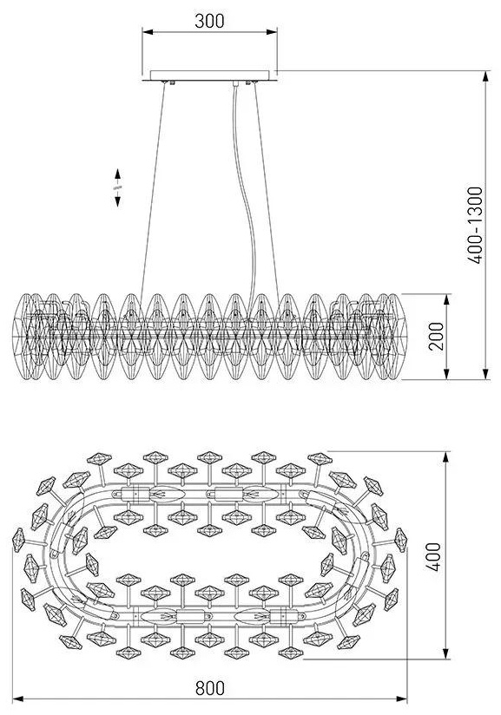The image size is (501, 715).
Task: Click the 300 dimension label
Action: click(209, 21)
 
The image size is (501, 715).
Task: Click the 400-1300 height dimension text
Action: click(475, 226)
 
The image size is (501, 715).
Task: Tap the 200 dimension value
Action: click(436, 336)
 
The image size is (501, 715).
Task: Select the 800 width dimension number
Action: click(210, 688)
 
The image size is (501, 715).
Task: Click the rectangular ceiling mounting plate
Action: click(209, 75)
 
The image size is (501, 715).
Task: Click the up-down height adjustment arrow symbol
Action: click(118, 188)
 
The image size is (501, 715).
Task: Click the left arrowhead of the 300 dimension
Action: click(148, 32)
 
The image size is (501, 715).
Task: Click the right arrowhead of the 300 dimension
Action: click(272, 32)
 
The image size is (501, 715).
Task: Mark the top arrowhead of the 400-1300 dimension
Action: click(486, 76)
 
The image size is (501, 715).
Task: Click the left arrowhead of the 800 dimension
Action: click(17, 699)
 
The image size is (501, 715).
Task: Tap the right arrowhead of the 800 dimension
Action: click(401, 699)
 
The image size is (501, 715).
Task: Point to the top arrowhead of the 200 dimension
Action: click(447, 299)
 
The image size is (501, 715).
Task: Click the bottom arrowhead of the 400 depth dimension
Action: click(446, 653)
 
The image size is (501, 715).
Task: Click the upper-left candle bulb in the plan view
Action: click(167, 494)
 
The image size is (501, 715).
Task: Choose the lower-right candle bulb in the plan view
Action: click(252, 616)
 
